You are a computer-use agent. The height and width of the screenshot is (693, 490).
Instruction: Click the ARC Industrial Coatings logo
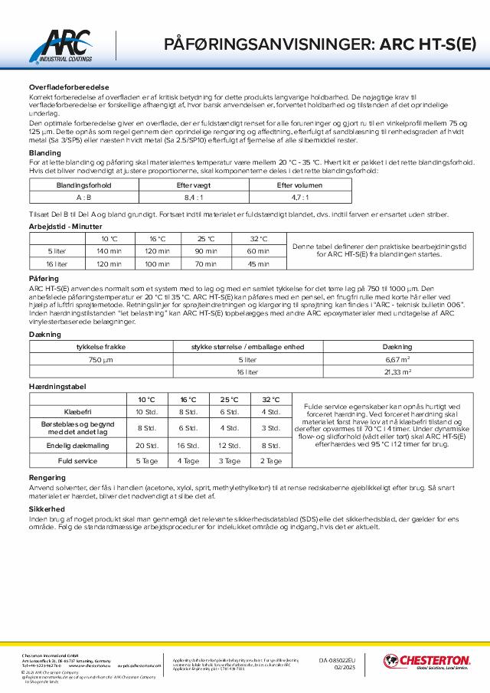pos(67,45)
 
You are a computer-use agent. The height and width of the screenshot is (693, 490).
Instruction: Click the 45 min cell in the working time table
pos(258,263)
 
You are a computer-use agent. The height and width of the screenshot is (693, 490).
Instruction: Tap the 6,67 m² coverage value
pos(399,359)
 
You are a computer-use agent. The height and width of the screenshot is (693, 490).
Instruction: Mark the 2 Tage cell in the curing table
pos(271,461)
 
